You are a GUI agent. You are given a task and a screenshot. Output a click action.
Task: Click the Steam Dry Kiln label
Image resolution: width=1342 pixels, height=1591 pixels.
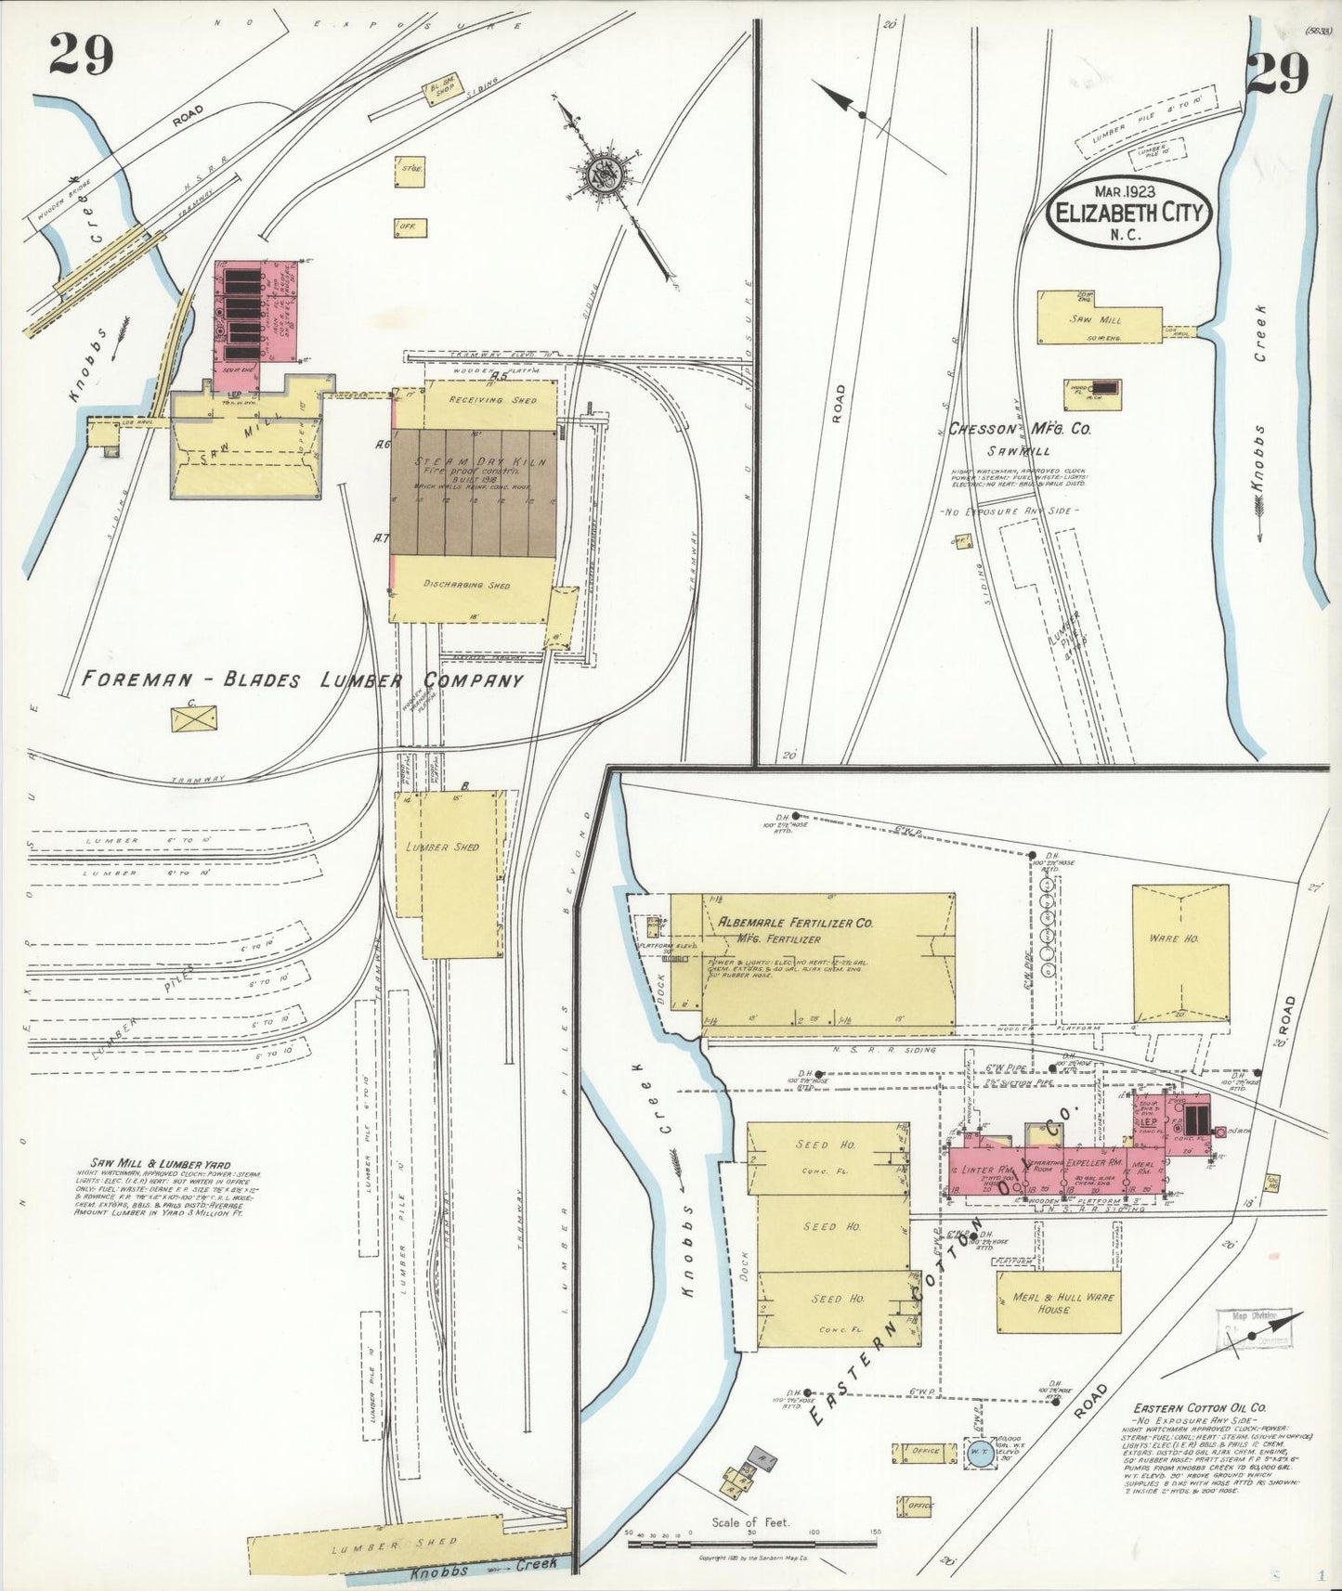tap(480, 461)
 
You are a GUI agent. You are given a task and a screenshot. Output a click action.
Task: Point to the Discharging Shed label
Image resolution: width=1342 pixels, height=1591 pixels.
tap(466, 585)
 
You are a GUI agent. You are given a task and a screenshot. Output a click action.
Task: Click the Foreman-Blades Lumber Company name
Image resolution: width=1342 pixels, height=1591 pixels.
tap(303, 680)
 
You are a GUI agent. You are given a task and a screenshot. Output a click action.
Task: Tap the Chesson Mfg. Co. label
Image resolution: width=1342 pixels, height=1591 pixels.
tap(1019, 430)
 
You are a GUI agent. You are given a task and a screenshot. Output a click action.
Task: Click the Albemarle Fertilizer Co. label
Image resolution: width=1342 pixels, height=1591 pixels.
tap(797, 923)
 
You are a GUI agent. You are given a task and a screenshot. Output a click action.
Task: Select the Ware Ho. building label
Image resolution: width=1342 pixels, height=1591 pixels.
tap(1174, 938)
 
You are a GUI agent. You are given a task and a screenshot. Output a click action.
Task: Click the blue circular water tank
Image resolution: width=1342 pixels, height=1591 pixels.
tap(979, 1454)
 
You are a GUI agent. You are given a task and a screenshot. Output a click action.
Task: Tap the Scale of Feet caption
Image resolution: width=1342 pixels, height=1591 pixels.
tap(750, 1521)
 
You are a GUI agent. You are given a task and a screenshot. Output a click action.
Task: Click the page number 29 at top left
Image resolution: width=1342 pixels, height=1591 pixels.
tap(81, 55)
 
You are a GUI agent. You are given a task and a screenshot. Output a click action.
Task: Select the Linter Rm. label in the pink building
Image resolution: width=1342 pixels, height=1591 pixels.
tap(986, 1144)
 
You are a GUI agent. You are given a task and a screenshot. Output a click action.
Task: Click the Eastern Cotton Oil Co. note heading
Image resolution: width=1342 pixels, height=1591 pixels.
tap(1198, 1408)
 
